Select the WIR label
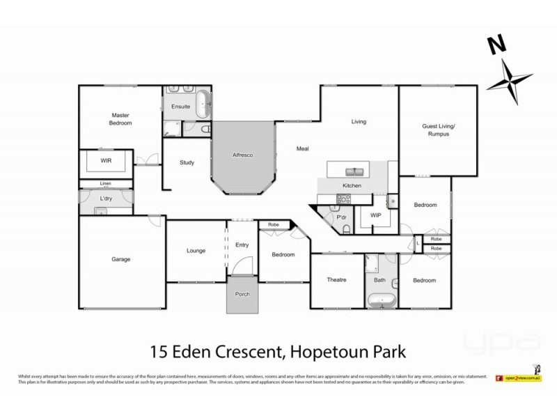coord(107,160)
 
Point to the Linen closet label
coord(105,184)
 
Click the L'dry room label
coord(106,199)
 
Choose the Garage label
coord(121,259)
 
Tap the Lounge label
coord(196,251)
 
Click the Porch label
coord(242,293)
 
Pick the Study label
coord(187,163)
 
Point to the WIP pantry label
coord(375,215)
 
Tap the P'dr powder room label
coord(342,217)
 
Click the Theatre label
coord(337,280)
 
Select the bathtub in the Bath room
coord(381,301)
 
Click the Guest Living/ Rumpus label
coord(438,130)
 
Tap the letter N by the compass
coord(496,47)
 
